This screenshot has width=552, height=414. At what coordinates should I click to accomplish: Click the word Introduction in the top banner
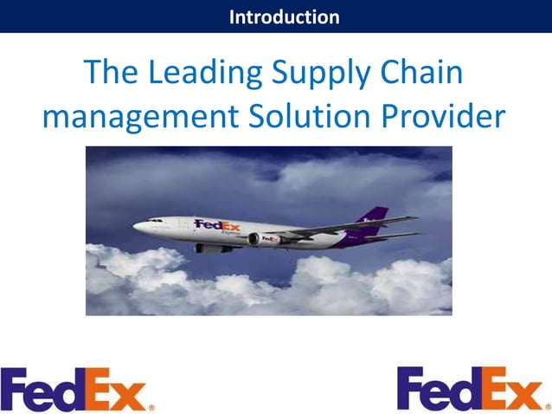pyautogui.click(x=284, y=16)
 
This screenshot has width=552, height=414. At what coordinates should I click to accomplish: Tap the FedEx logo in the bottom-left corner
pyautogui.click(x=78, y=390)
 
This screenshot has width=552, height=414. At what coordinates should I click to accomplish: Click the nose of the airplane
pyautogui.click(x=136, y=227)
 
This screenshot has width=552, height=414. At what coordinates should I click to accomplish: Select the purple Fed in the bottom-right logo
pyautogui.click(x=437, y=388)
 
